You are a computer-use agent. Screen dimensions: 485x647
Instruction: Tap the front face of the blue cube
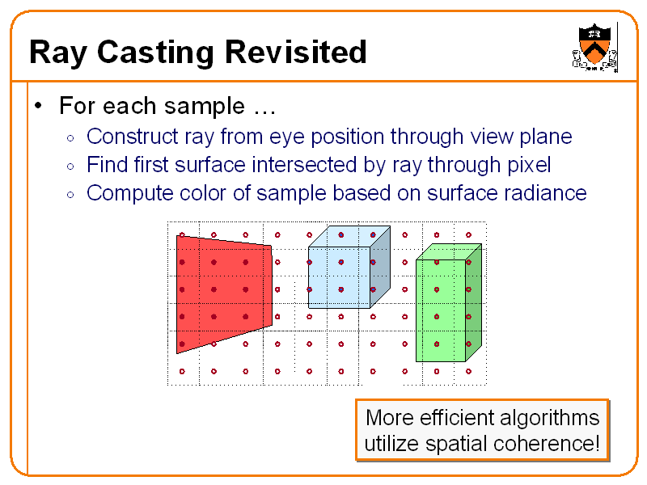(338, 277)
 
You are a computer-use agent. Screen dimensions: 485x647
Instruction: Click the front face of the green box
(440, 310)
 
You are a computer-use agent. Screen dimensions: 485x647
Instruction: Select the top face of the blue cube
(349, 236)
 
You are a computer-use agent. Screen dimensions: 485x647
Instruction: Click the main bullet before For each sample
(38, 107)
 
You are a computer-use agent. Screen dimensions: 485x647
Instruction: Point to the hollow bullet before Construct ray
(71, 137)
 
